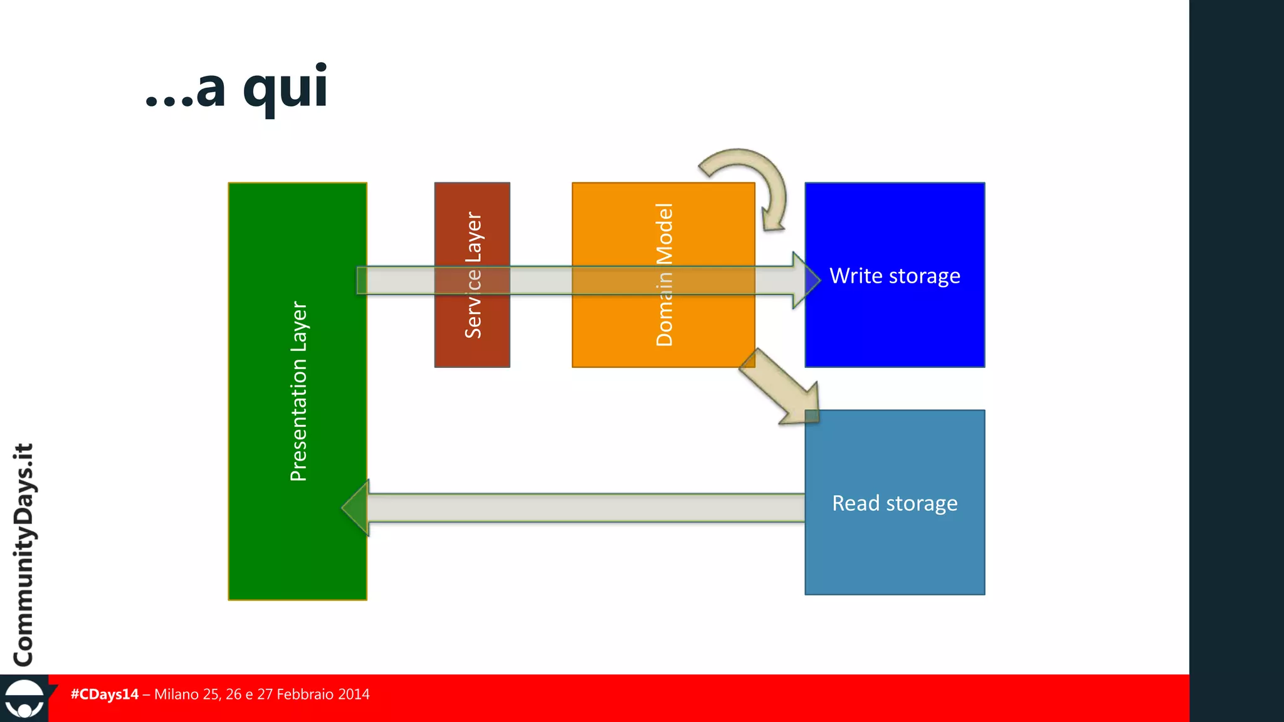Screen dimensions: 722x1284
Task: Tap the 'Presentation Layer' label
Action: point(298,391)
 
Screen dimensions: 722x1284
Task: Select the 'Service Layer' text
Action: point(473,275)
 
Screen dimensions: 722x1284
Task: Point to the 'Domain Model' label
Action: point(664,275)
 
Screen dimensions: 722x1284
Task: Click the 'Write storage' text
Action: point(895,276)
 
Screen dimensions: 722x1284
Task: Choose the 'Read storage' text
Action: point(895,503)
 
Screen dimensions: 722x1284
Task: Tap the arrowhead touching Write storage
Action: point(806,280)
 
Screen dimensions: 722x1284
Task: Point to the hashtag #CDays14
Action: point(104,694)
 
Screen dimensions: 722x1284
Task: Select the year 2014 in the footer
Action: point(354,694)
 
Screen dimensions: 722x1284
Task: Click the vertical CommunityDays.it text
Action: point(24,555)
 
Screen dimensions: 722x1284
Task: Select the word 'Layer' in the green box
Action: point(298,326)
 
